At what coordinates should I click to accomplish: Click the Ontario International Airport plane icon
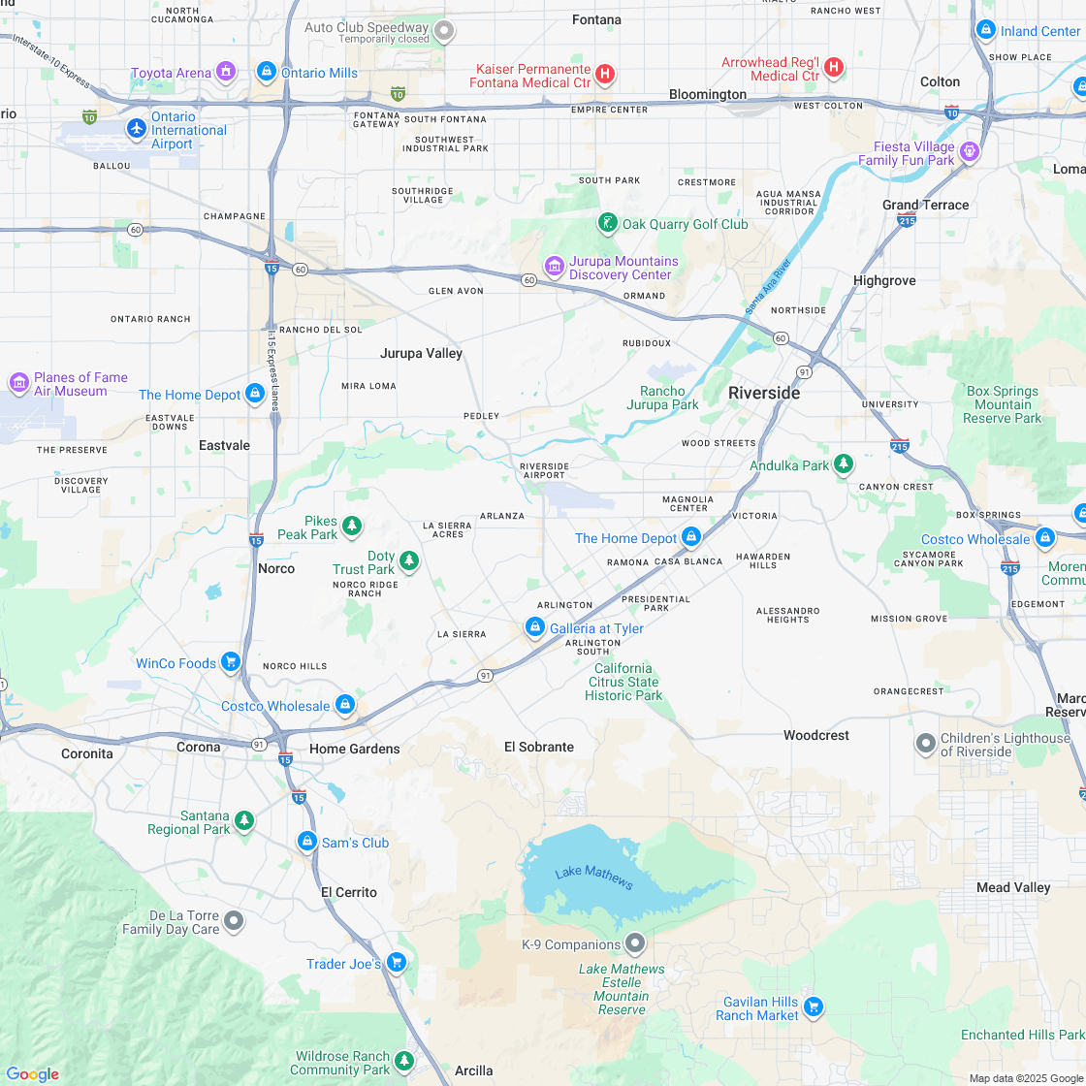tap(137, 127)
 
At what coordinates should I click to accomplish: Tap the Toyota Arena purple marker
tap(226, 72)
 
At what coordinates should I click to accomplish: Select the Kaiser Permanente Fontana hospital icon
tap(605, 75)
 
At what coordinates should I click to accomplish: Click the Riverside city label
tap(764, 393)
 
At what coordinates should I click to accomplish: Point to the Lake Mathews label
tap(593, 878)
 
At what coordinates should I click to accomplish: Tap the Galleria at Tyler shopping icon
tap(534, 627)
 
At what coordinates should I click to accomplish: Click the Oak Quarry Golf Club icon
tap(607, 224)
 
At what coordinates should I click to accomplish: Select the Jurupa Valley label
tap(421, 353)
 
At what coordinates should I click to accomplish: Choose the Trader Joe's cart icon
tap(396, 963)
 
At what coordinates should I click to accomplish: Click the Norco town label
tap(276, 568)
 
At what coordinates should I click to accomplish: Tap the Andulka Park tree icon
tap(844, 465)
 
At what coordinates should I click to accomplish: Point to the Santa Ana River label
tap(768, 286)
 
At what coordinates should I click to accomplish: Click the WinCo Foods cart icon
tap(231, 662)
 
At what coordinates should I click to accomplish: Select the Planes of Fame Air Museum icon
tap(18, 383)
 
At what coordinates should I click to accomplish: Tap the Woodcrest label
tap(816, 735)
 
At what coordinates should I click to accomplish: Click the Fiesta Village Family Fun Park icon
tap(970, 152)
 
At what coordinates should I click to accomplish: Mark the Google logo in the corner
tap(32, 1073)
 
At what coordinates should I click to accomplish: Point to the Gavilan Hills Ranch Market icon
tap(814, 1007)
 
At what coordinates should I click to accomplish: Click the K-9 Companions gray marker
tap(635, 942)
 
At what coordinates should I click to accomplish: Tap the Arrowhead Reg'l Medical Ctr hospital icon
tap(834, 69)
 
